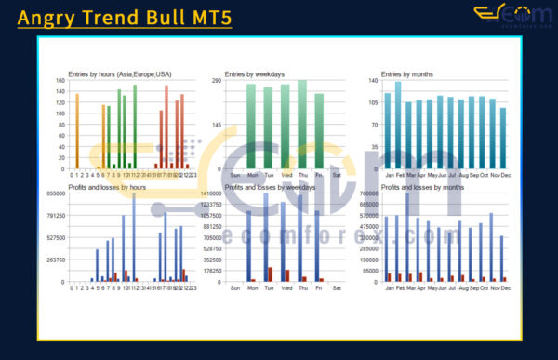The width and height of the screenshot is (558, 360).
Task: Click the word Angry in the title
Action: click(x=48, y=18)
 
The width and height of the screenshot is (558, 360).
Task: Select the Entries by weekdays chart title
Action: click(x=255, y=73)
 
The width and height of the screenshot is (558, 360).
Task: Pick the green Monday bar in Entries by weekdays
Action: click(x=250, y=127)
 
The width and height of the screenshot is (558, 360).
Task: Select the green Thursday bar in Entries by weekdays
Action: click(x=302, y=125)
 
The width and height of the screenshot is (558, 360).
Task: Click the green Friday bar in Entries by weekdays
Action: click(x=319, y=131)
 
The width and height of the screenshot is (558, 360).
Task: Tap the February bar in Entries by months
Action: click(x=398, y=125)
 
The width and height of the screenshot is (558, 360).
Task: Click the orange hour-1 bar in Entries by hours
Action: click(x=77, y=131)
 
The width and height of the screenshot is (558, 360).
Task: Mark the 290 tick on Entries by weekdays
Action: click(x=215, y=81)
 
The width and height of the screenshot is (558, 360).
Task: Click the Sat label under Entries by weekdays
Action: click(x=337, y=175)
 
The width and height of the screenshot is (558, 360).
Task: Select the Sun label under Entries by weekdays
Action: click(x=233, y=175)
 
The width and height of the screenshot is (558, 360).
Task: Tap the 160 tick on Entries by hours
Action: click(x=60, y=81)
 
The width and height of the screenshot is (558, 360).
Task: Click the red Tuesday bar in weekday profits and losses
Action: click(x=271, y=274)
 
